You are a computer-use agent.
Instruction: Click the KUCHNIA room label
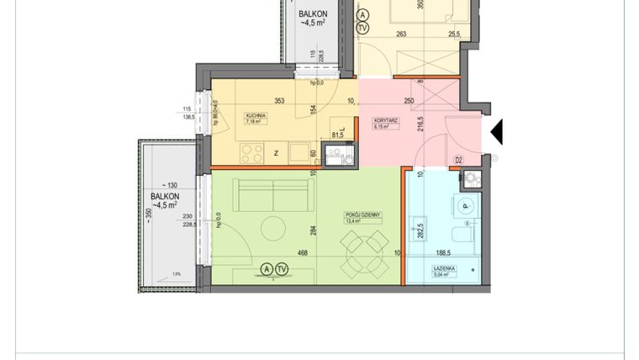[x=256, y=115]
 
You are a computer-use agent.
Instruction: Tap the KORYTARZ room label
[x=385, y=121]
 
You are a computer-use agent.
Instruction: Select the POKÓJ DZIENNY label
[x=364, y=215]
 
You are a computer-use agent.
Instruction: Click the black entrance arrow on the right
[x=496, y=131]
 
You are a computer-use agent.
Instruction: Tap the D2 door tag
[x=459, y=160]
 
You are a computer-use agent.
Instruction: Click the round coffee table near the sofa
[x=273, y=227]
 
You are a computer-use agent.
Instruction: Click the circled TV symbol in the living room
[x=282, y=269]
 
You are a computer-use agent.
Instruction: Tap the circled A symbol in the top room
[x=362, y=14]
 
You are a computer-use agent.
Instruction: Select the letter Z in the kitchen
[x=276, y=154]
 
